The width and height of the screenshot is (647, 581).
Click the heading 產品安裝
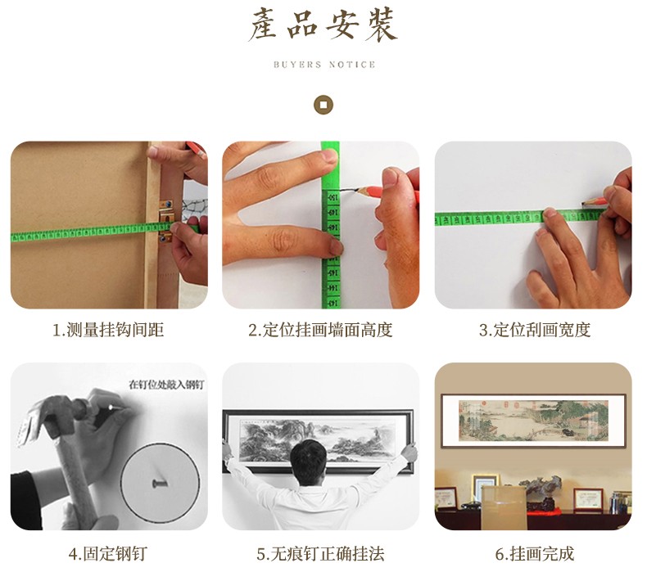323,25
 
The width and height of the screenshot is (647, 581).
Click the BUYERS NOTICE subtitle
324,65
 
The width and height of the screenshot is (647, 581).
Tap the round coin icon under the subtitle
323,104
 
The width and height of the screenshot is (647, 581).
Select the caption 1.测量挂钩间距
108,330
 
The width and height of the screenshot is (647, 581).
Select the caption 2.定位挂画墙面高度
320,330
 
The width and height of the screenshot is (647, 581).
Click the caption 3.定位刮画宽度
535,330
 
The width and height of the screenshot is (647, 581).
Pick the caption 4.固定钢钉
108,553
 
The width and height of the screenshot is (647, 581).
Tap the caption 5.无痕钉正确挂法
320,553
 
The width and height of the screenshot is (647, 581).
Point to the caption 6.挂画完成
535,553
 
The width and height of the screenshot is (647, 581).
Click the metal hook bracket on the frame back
166,222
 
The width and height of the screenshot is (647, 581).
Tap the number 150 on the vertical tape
333,198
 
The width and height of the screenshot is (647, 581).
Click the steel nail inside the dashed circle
159,483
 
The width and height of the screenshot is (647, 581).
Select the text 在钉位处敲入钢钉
166,385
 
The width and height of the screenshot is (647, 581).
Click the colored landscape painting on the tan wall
533,421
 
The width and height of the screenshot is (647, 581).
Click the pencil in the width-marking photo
595,202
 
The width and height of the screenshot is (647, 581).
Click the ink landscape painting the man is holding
318,438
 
